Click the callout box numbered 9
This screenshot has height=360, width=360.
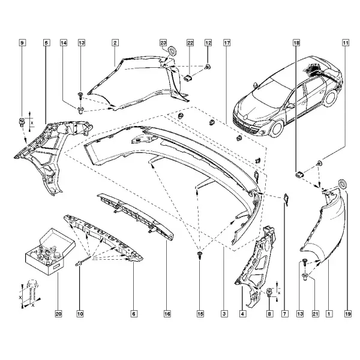point(22,43)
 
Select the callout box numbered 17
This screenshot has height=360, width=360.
point(227,43)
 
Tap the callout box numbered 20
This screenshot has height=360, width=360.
point(58,314)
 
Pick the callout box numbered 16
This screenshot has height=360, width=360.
point(167,314)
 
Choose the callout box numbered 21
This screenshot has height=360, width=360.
point(316,314)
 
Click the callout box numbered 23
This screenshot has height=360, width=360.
point(163,43)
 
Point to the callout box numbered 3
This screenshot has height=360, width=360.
point(224,314)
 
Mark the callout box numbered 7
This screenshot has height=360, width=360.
point(284,314)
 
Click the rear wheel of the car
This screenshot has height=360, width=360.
point(331,98)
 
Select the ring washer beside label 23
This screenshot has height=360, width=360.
point(172,51)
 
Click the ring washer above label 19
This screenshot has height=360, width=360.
point(343,184)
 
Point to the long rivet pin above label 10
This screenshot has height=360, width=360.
point(83,262)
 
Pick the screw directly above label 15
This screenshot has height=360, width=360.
point(200,255)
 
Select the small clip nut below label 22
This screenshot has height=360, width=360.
point(188,78)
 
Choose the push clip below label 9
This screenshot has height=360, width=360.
point(21,122)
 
